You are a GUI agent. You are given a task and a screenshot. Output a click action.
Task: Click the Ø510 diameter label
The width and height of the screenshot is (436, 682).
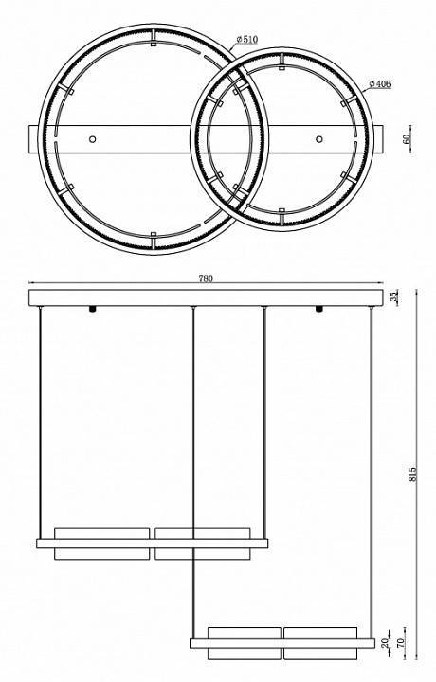coord(247,40)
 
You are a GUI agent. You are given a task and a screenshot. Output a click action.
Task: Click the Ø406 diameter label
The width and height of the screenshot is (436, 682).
coord(380,84)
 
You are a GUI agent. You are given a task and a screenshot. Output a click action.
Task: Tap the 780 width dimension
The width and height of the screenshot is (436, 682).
coord(206,278)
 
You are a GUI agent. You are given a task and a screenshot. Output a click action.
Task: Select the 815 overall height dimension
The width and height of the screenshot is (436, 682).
coord(412,474)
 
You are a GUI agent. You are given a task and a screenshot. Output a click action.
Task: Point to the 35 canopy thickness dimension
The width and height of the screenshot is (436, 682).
coord(393,297)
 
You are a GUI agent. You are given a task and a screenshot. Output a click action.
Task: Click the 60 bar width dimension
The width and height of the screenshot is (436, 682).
coord(407,139)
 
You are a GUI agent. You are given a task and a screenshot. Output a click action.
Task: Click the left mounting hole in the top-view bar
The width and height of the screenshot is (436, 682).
coord(92,139)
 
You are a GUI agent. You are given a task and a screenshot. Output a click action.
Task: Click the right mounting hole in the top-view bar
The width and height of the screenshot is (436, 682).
coord(319,139)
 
